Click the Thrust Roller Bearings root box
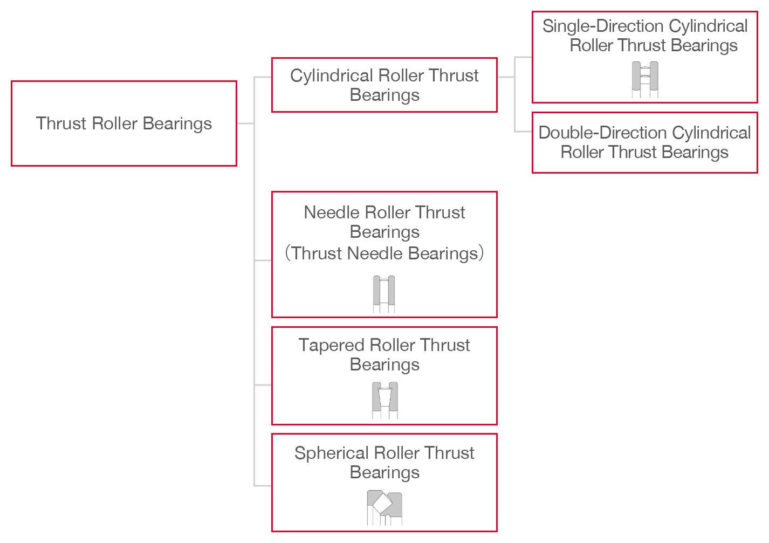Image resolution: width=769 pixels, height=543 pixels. click(x=123, y=123)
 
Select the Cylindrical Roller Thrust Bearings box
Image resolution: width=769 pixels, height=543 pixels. click(x=384, y=85)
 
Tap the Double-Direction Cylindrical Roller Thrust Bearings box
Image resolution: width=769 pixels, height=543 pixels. click(x=644, y=143)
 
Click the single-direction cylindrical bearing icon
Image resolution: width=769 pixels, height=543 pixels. click(x=645, y=80)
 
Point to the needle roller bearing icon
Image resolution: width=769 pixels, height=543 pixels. click(x=384, y=294)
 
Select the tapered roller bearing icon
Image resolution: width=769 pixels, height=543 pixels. click(x=384, y=400)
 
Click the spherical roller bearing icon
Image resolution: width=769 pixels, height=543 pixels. click(x=384, y=507)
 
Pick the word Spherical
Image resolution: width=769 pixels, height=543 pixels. click(x=331, y=453)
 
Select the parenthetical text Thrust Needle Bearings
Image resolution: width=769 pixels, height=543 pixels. click(x=384, y=253)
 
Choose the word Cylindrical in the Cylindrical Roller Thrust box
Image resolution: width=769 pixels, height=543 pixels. click(x=332, y=75)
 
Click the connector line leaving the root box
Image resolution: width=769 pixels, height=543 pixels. click(x=245, y=123)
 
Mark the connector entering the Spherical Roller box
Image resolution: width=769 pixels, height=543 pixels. click(x=263, y=486)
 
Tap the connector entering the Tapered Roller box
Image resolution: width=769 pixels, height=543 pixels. click(x=263, y=385)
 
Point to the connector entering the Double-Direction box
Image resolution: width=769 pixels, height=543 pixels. click(x=523, y=132)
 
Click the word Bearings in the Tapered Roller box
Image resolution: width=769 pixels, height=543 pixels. click(x=384, y=365)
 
